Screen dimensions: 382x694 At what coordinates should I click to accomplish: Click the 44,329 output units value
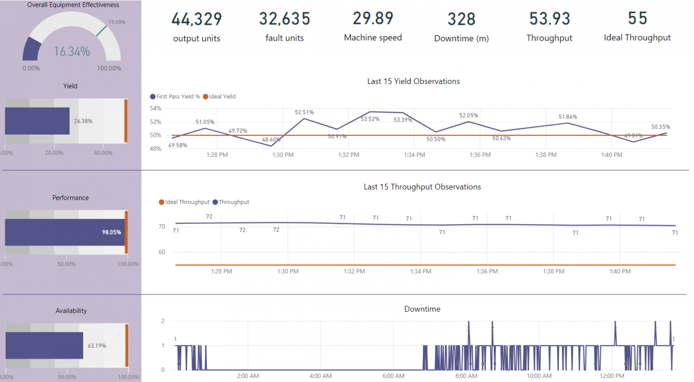197,19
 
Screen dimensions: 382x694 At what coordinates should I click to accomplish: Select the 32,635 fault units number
285,19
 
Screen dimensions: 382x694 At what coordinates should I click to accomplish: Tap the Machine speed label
373,38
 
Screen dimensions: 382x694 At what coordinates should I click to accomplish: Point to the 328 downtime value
461,19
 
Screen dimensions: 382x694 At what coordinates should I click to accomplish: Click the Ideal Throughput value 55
638,19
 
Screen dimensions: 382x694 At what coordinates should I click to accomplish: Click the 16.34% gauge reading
72,52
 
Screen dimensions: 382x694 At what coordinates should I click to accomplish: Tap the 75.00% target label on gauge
117,22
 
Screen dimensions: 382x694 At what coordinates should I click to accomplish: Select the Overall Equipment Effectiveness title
73,5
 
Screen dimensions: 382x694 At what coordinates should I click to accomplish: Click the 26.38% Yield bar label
83,121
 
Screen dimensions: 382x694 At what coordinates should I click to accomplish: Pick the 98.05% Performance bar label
111,233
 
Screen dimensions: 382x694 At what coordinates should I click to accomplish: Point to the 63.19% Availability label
97,346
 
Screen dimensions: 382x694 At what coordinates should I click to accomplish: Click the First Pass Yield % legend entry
175,97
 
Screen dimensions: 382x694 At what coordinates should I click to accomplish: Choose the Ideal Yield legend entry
220,97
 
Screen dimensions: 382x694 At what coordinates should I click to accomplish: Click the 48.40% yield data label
271,140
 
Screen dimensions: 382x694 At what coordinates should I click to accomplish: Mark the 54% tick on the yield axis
155,108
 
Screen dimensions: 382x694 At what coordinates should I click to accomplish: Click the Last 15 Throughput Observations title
422,187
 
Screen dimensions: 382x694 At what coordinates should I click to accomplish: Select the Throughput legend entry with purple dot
231,202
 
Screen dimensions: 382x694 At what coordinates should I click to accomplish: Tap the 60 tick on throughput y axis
162,252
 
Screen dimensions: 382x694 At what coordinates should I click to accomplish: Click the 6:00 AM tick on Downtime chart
393,376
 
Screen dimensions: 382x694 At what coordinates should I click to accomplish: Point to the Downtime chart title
422,309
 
